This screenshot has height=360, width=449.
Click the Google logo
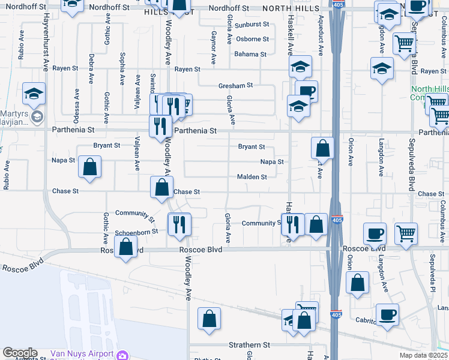point(20,353)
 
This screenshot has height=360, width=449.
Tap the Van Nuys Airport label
point(81,354)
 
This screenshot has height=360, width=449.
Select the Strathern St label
point(250,345)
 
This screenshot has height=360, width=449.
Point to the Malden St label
point(252,177)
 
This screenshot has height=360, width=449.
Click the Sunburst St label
point(252,25)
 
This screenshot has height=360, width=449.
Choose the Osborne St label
point(252,40)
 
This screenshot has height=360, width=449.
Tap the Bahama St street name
point(250,55)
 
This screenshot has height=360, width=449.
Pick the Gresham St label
point(235,86)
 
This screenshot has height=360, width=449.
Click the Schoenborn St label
point(136,231)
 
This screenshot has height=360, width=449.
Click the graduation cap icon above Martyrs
point(35,95)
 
